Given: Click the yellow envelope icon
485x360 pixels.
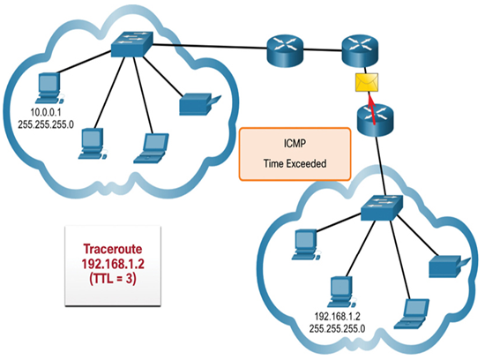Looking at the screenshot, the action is coord(367,82).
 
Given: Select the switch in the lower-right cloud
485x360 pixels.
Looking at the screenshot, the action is coord(382,207).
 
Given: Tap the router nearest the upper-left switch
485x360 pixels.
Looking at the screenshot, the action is coord(285,50).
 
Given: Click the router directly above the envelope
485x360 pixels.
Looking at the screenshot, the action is coord(360,51).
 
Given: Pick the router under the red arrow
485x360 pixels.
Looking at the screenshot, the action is coord(376,120).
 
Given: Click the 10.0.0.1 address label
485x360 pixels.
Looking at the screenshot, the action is coord(46,112).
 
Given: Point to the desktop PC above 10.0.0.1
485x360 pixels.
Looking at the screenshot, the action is coord(49,88).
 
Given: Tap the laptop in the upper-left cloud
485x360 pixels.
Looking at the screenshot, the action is coord(152,148).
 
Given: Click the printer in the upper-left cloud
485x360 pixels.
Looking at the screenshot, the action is coord(200,104).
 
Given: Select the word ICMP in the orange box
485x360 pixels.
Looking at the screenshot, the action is coord(295,143).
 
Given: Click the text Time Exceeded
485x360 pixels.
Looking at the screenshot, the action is coord(295,163).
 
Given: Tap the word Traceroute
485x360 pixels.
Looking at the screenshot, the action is coord(113,249).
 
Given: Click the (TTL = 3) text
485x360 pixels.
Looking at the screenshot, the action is coord(113,279).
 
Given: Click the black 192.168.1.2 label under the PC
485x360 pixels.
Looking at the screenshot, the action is coord(337,317).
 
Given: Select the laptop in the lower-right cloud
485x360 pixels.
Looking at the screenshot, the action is coord(412,314).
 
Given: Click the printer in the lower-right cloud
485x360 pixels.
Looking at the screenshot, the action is coord(450,266).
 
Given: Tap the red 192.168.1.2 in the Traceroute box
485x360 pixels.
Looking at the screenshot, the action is coord(113,264).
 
